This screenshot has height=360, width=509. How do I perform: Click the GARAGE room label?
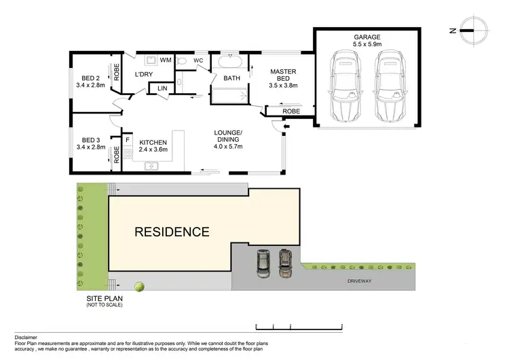coord(366,37)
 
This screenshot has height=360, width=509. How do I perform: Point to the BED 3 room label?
coord(90,142)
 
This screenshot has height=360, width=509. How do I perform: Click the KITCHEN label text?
coord(153,142)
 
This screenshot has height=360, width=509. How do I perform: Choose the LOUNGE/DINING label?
coord(227,138)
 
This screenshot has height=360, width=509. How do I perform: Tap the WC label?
coord(198,60)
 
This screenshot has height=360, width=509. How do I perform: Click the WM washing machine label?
coord(165,60)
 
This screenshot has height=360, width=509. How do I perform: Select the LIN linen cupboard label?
coord(162,88)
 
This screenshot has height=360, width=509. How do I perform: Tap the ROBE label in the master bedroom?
coord(291,110)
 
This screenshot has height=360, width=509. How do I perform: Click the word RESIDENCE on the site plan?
coord(172,232)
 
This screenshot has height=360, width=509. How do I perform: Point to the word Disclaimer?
coord(28,337)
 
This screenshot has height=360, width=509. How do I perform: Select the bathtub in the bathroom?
coord(229,63)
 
